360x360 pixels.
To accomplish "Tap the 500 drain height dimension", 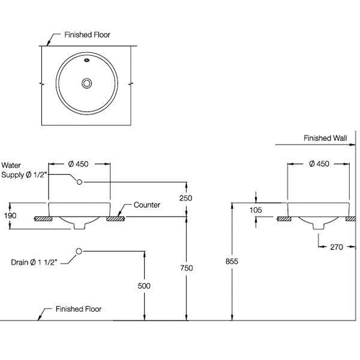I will (x=143, y=287).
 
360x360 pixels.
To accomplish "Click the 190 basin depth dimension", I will (x=10, y=215).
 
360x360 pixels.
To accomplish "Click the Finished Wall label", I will (x=325, y=138).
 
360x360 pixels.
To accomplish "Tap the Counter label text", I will (x=146, y=205).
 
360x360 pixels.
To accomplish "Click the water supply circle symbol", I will (x=79, y=181).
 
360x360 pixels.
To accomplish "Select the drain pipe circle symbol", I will (x=79, y=251).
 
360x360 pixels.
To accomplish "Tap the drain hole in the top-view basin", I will (x=86, y=83).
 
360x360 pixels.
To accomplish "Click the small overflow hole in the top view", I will (x=86, y=60).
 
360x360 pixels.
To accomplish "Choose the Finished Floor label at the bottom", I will (x=78, y=310).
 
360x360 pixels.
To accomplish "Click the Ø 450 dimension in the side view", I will (x=318, y=164).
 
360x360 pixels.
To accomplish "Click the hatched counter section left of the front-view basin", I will (x=42, y=218).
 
